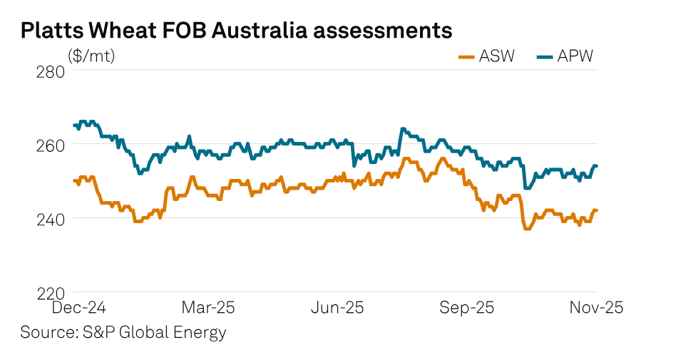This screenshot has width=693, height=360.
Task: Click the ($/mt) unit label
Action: tap(91, 56)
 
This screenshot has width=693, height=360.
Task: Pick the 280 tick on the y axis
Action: tap(50, 71)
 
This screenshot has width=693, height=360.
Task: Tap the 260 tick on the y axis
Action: tap(50, 145)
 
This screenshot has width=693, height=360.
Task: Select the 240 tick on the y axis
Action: tap(50, 218)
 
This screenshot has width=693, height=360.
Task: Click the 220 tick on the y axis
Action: tap(50, 292)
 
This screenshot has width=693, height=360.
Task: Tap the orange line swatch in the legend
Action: tap(466, 56)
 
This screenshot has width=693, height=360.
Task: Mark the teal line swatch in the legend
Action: tap(545, 56)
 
